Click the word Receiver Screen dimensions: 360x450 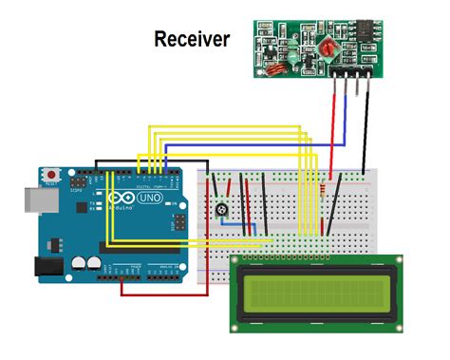point(191,39)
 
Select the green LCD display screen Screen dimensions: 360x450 point(315,294)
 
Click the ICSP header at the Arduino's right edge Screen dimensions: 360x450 point(178,224)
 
